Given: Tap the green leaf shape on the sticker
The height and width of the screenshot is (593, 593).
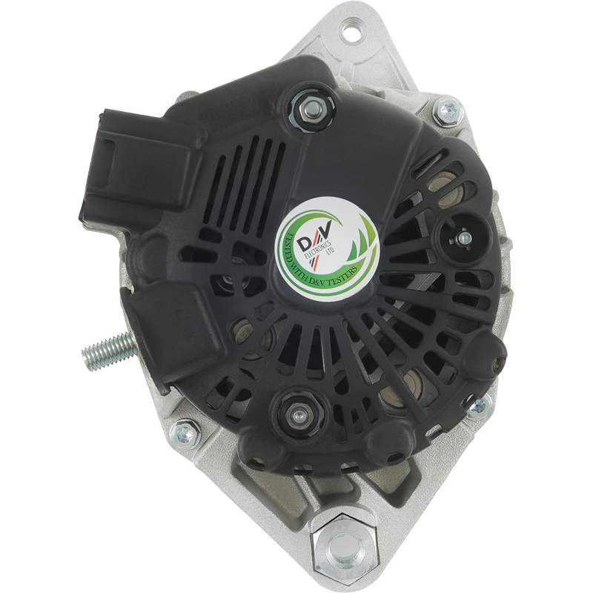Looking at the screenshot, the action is (360, 242).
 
